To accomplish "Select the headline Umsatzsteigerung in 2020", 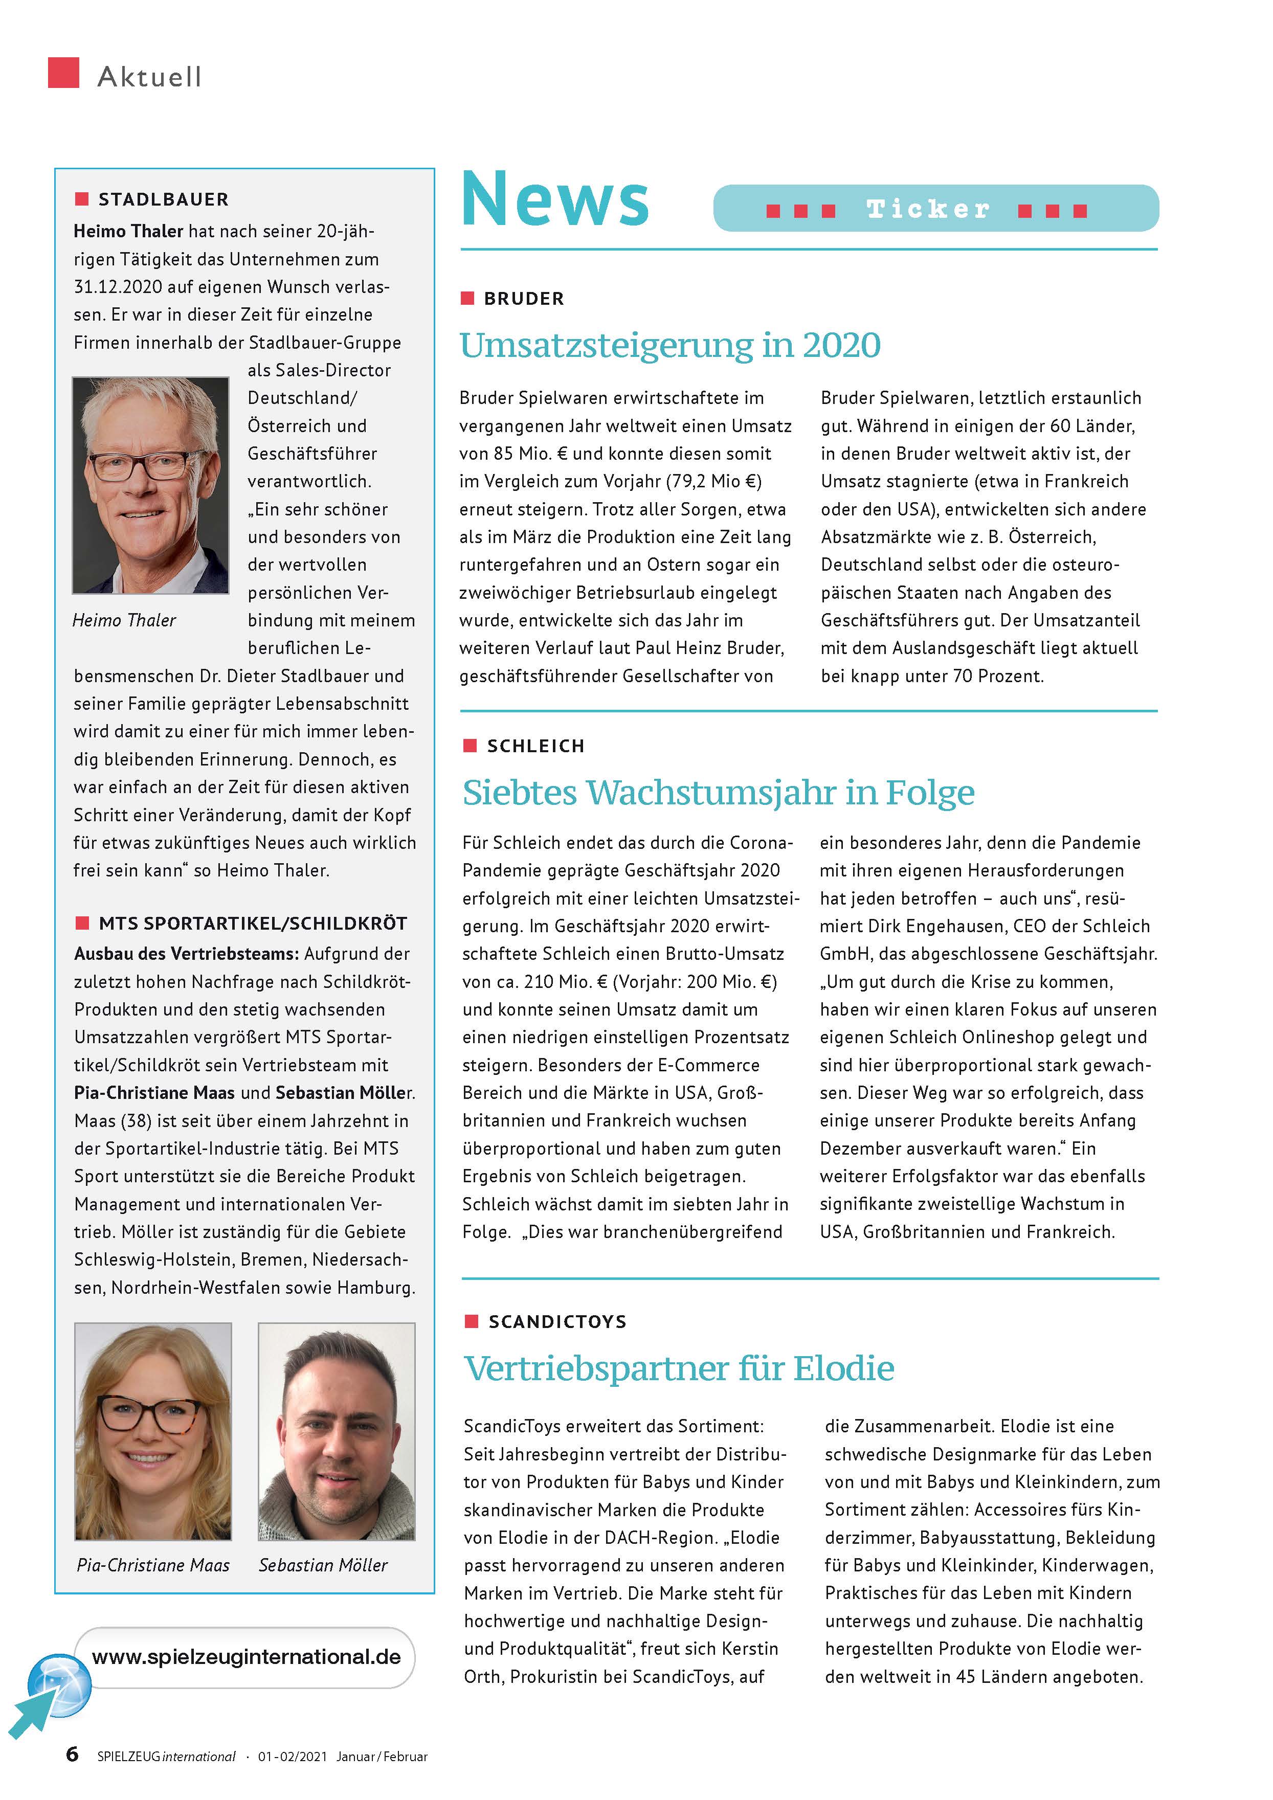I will click(x=670, y=345).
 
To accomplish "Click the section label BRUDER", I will click(x=524, y=299).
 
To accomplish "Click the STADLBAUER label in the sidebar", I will click(x=163, y=199).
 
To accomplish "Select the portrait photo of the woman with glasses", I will click(x=153, y=1431).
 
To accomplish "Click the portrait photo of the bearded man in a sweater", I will click(x=337, y=1431).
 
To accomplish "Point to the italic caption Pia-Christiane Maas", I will click(x=153, y=1565).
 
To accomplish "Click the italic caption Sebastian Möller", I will click(x=323, y=1565).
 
